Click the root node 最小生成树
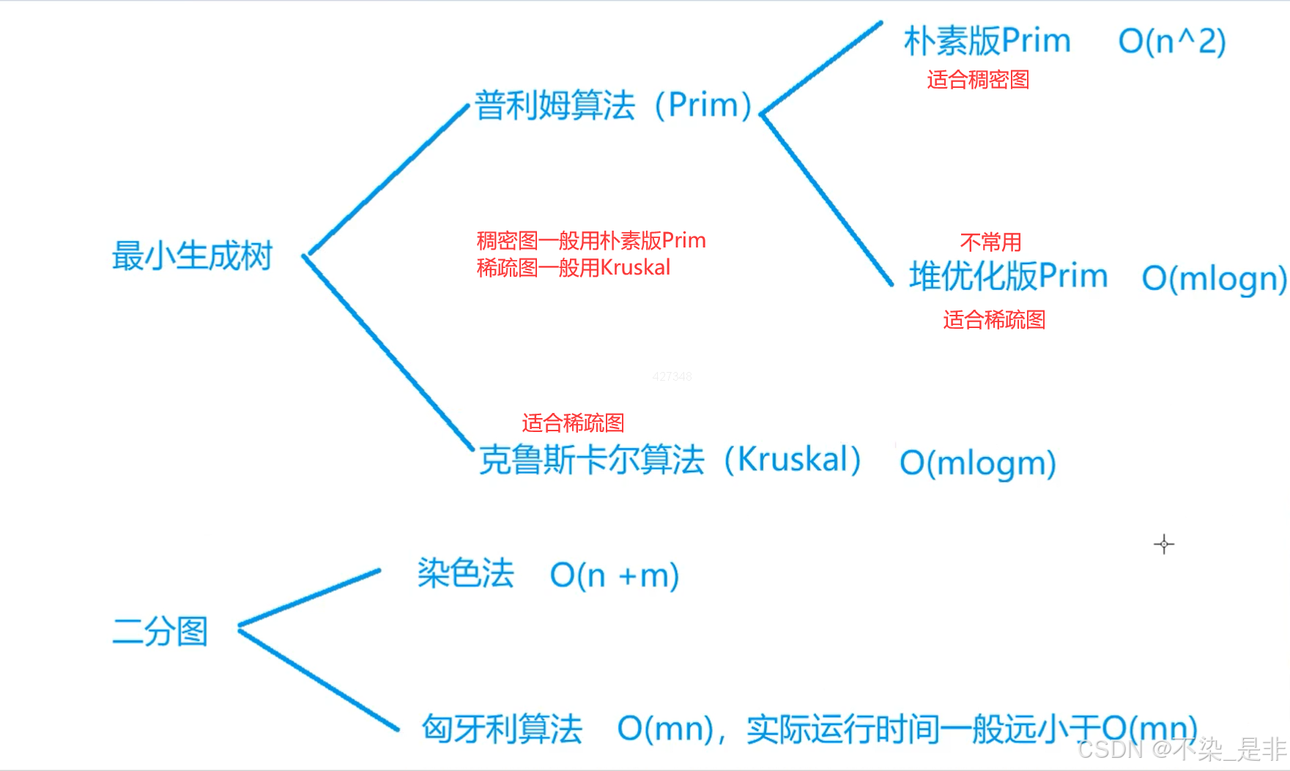pyautogui.click(x=192, y=256)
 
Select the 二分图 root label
pyautogui.click(x=160, y=631)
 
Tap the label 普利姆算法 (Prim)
pyautogui.click(x=613, y=105)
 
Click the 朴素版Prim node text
pyautogui.click(x=987, y=41)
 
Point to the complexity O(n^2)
pyautogui.click(x=1171, y=42)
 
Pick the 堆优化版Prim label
pyautogui.click(x=1008, y=277)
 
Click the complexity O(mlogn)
pyautogui.click(x=1214, y=279)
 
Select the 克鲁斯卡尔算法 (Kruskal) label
pyautogui.click(x=670, y=460)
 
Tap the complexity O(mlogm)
pyautogui.click(x=977, y=463)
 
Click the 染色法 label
pyautogui.click(x=465, y=573)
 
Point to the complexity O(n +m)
pyautogui.click(x=615, y=576)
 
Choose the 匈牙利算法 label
pyautogui.click(x=502, y=729)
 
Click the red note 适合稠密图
pyautogui.click(x=978, y=80)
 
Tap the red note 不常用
pyautogui.click(x=990, y=242)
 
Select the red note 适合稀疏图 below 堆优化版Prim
pyautogui.click(x=994, y=320)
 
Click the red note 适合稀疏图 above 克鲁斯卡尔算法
pyautogui.click(x=573, y=422)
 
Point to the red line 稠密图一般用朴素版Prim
pyautogui.click(x=590, y=241)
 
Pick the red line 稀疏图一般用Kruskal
pyautogui.click(x=573, y=268)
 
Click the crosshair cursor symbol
pyautogui.click(x=1163, y=544)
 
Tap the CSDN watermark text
pyautogui.click(x=1182, y=749)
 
